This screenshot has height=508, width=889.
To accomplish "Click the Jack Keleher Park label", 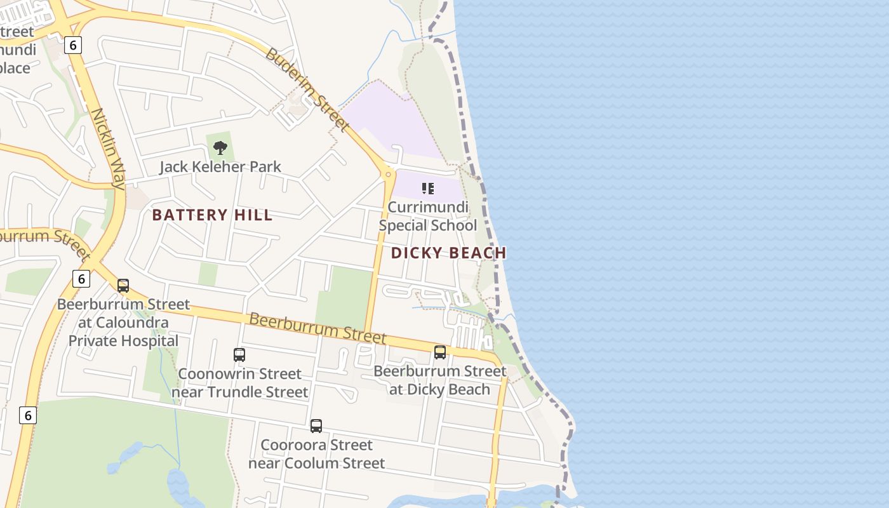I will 220,166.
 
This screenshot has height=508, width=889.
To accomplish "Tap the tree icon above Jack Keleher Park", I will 220,148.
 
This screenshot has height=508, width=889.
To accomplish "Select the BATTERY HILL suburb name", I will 212,215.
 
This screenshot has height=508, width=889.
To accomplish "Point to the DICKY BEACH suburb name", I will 448,253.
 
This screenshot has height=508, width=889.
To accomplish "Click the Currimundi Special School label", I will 427,217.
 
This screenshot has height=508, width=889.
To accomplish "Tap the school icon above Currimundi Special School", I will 428,188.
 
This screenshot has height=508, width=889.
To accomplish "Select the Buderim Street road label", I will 307,89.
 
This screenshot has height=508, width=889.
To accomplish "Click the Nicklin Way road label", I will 107,149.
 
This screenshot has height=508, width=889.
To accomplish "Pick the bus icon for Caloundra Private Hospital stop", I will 123,286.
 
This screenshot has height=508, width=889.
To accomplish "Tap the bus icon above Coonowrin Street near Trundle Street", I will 239,355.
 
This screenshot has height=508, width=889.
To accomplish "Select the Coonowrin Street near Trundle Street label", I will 239,383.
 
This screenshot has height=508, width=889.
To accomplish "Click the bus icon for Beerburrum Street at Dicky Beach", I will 439,352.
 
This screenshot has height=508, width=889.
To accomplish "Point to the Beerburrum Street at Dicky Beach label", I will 439,380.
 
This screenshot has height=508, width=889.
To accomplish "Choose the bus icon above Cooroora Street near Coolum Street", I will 316,426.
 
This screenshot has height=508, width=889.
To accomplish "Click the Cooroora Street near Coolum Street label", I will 316,454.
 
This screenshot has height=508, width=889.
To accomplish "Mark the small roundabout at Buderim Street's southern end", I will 388,173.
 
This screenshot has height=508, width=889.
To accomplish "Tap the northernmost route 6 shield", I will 74,45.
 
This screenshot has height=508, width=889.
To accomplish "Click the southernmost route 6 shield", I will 27,415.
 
